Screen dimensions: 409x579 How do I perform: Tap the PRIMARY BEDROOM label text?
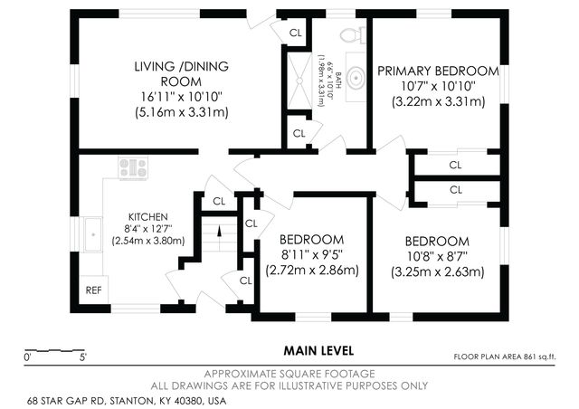[x=438, y=71]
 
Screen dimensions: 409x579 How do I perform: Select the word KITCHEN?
[x=147, y=217]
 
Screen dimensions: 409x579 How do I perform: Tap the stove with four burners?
[x=133, y=166]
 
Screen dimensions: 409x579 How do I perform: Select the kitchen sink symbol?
[x=91, y=234]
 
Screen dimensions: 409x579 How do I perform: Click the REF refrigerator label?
[x=93, y=290]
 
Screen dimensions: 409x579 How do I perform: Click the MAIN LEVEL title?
[x=318, y=350]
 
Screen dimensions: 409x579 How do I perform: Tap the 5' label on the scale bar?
[x=82, y=357]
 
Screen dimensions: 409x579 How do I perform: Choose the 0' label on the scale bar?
[x=27, y=357]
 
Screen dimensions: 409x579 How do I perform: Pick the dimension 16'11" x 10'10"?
[x=181, y=97]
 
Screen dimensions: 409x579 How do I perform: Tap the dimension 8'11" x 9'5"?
[x=312, y=254]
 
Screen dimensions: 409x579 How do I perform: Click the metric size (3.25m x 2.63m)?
[x=437, y=271]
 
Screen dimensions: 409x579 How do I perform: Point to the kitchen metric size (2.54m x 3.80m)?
[x=147, y=242]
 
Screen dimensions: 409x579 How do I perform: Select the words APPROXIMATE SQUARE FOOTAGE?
[x=289, y=373]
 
